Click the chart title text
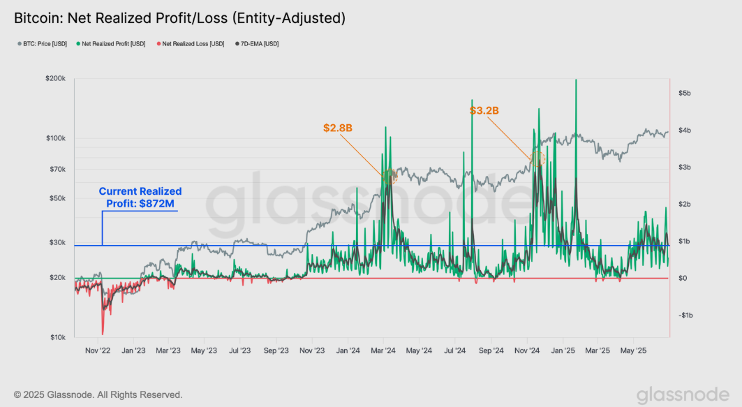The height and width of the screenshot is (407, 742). [x=179, y=18]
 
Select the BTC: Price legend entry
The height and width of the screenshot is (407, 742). [x=43, y=44]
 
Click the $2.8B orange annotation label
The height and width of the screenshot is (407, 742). [x=337, y=128]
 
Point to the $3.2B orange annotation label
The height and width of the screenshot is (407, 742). [x=484, y=110]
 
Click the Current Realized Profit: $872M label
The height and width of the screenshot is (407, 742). [x=140, y=197]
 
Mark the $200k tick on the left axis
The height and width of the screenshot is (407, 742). [x=54, y=80]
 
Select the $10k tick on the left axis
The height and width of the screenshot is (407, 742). [x=56, y=337]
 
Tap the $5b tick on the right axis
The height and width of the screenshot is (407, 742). [x=685, y=93]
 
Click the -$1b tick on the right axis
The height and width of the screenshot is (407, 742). [x=685, y=315]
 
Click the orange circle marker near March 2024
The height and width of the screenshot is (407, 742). [x=389, y=176]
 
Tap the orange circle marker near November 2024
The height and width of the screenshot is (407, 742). [x=537, y=158]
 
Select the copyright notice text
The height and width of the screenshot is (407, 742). [x=98, y=394]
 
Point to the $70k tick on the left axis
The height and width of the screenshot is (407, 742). [x=55, y=170]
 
